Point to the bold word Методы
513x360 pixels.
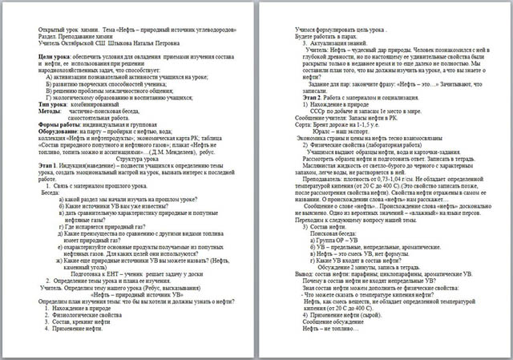(x=51, y=110)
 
